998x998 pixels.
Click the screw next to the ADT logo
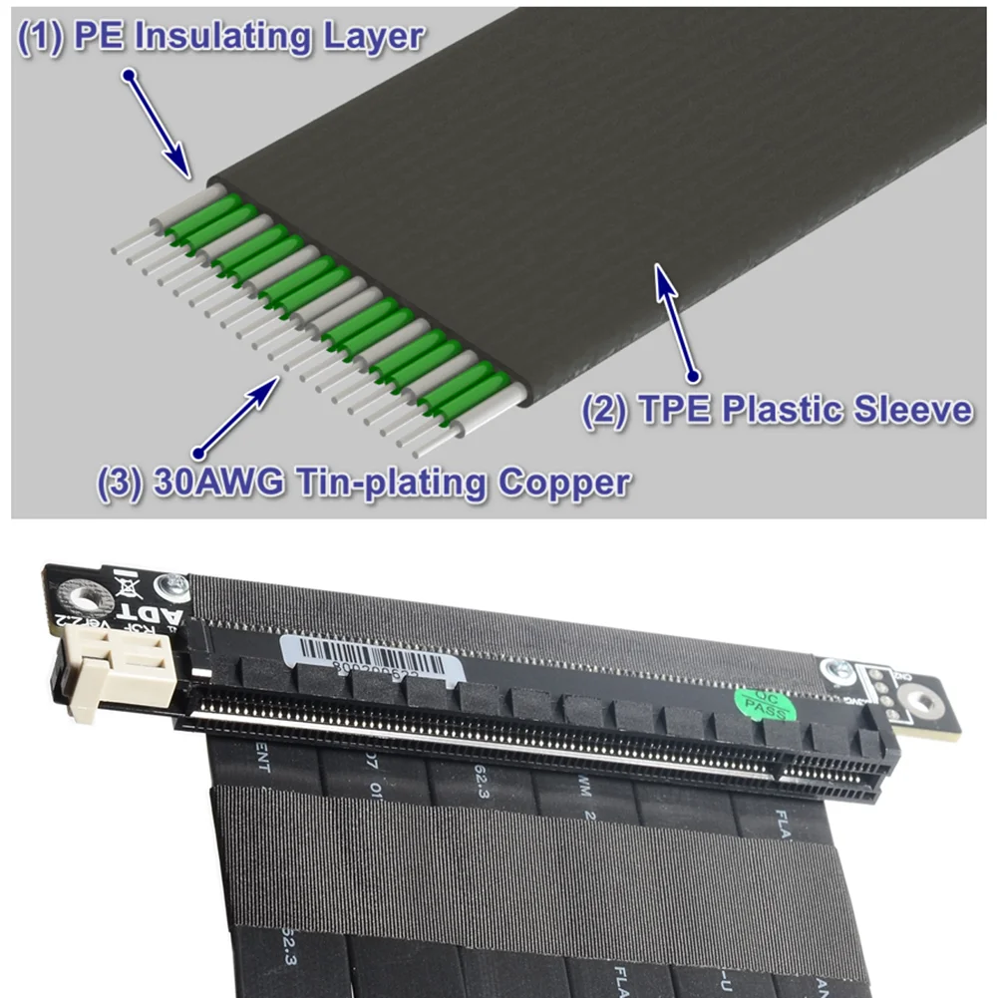[176, 584]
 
